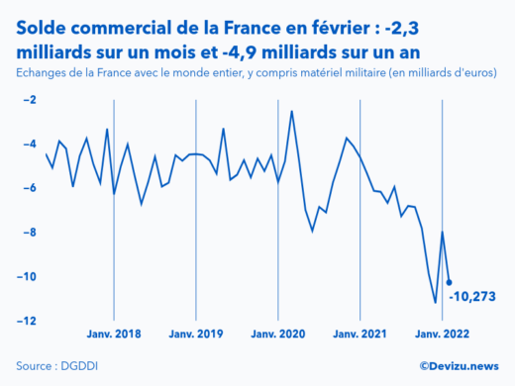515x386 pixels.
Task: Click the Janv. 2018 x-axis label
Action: (114, 337)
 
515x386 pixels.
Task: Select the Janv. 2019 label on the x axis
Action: (196, 337)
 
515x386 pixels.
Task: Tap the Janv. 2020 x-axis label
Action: (278, 337)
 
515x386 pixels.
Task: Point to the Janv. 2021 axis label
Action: (360, 337)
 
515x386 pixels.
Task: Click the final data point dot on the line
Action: (449, 283)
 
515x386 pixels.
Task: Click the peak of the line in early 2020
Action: (291, 111)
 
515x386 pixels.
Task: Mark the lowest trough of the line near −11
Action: (435, 303)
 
